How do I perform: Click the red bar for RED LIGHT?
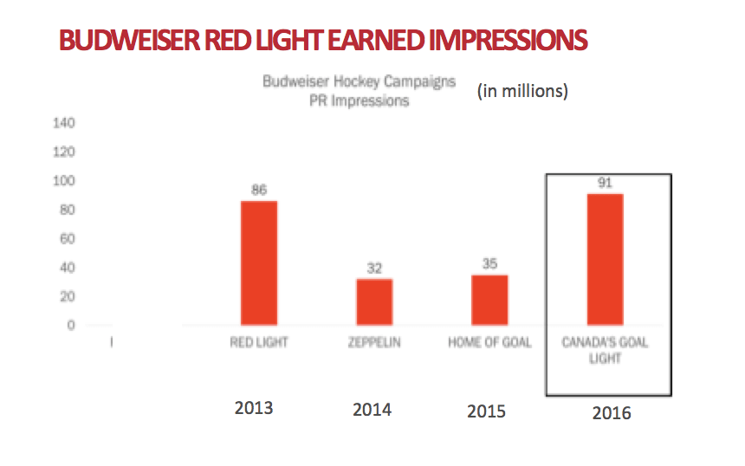pyautogui.click(x=259, y=263)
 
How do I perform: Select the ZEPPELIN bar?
pyautogui.click(x=374, y=301)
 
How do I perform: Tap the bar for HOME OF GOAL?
pyautogui.click(x=489, y=300)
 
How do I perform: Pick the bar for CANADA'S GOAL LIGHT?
pyautogui.click(x=605, y=260)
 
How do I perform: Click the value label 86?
pyautogui.click(x=258, y=190)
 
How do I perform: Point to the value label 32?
pyautogui.click(x=373, y=268)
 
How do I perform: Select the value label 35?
pyautogui.click(x=489, y=263)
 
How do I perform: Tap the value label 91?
pyautogui.click(x=605, y=183)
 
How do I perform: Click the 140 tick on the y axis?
pyautogui.click(x=67, y=123)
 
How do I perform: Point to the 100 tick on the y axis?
pyautogui.click(x=67, y=181)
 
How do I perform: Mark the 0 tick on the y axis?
pyautogui.click(x=72, y=326)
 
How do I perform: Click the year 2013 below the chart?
pyautogui.click(x=254, y=407)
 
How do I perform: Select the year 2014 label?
pyautogui.click(x=372, y=410)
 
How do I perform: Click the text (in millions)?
pyautogui.click(x=522, y=90)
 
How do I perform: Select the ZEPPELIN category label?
pyautogui.click(x=374, y=342)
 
